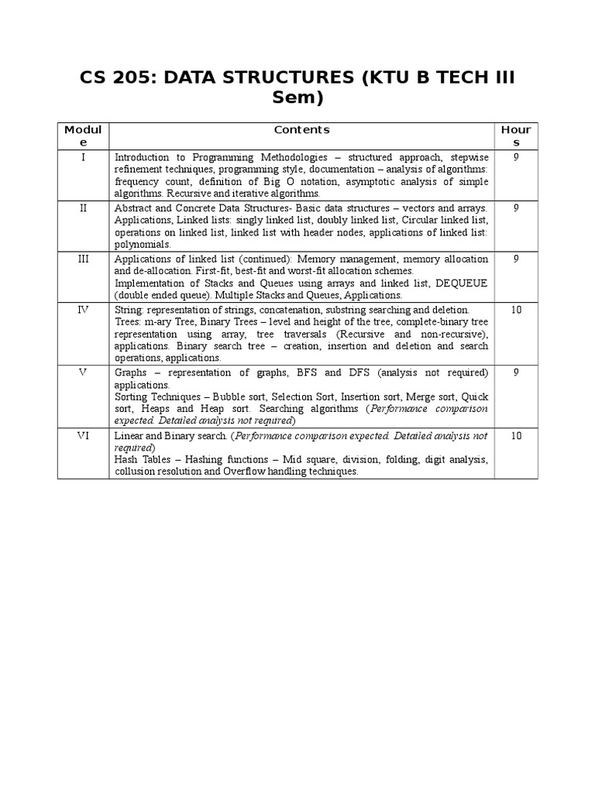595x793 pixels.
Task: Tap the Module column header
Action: (x=83, y=136)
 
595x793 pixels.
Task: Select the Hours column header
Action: (x=516, y=136)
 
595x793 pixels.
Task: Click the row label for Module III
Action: (x=83, y=259)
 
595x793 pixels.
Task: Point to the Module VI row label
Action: (x=83, y=436)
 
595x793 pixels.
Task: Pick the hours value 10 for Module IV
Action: (x=516, y=309)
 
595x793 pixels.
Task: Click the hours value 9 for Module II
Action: (x=516, y=208)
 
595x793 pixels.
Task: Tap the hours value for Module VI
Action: (x=516, y=436)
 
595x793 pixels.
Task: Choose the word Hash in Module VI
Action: (x=126, y=460)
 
